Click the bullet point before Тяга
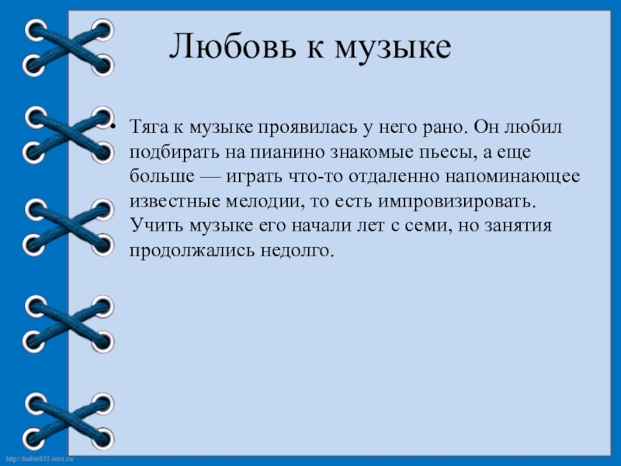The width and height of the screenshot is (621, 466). (114, 127)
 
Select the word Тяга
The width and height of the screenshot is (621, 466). (147, 127)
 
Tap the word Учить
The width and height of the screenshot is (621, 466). (151, 226)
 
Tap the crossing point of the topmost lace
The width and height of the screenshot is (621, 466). (68, 47)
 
